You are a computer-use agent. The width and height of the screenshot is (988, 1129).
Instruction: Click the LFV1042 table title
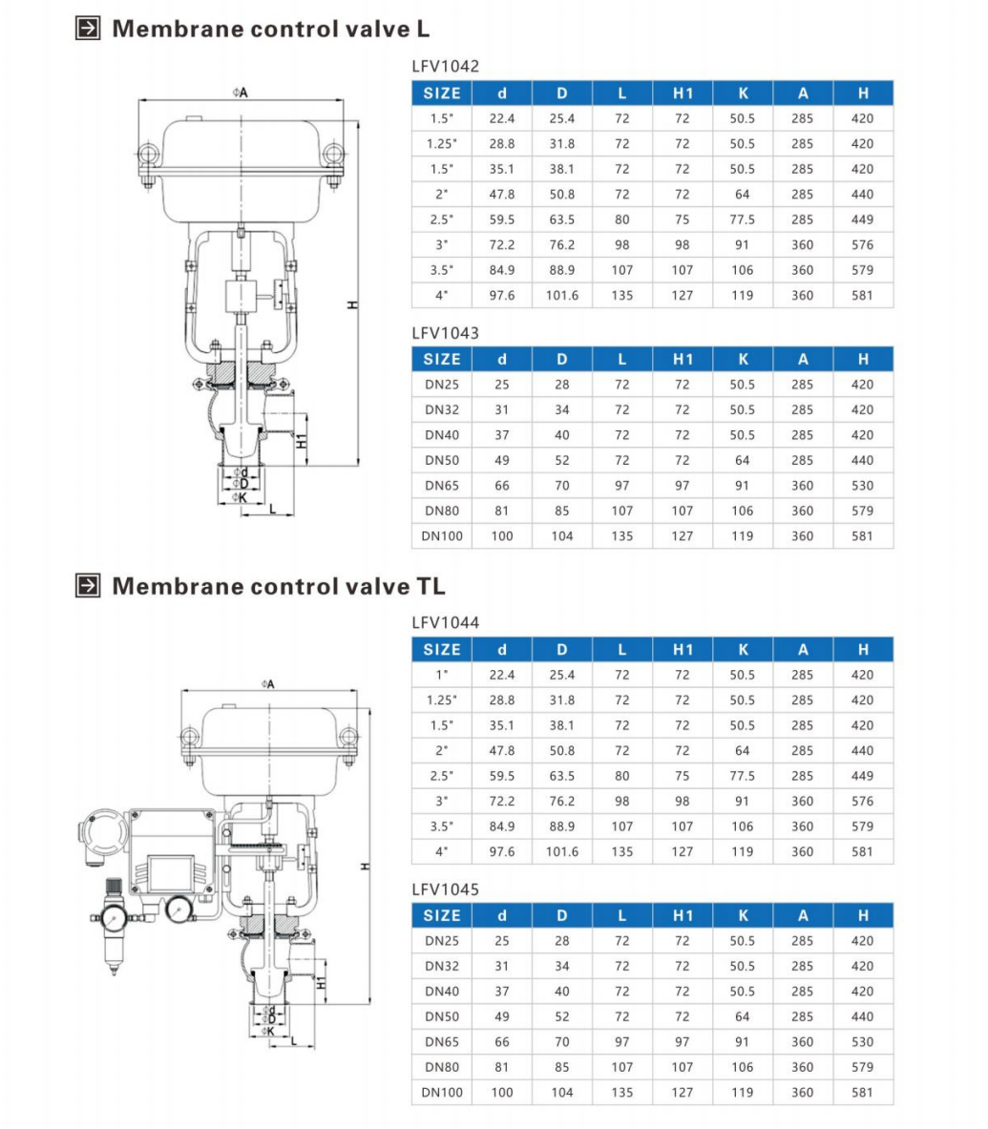[445, 66]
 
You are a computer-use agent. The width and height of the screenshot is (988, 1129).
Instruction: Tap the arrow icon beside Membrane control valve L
[88, 28]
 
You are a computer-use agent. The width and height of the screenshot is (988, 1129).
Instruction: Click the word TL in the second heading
[431, 586]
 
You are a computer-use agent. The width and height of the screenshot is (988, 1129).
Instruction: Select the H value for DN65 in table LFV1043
[862, 486]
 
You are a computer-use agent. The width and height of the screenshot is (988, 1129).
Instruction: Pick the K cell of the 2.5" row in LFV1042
[743, 220]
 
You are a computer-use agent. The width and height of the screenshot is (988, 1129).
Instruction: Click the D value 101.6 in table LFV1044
[561, 852]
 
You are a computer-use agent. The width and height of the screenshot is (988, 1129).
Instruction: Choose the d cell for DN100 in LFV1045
[502, 1093]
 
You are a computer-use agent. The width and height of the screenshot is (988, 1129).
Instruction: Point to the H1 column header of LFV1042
[683, 93]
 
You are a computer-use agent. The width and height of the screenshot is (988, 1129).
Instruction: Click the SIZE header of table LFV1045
[442, 916]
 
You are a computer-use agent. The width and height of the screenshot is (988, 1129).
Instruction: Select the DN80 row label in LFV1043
[442, 511]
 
